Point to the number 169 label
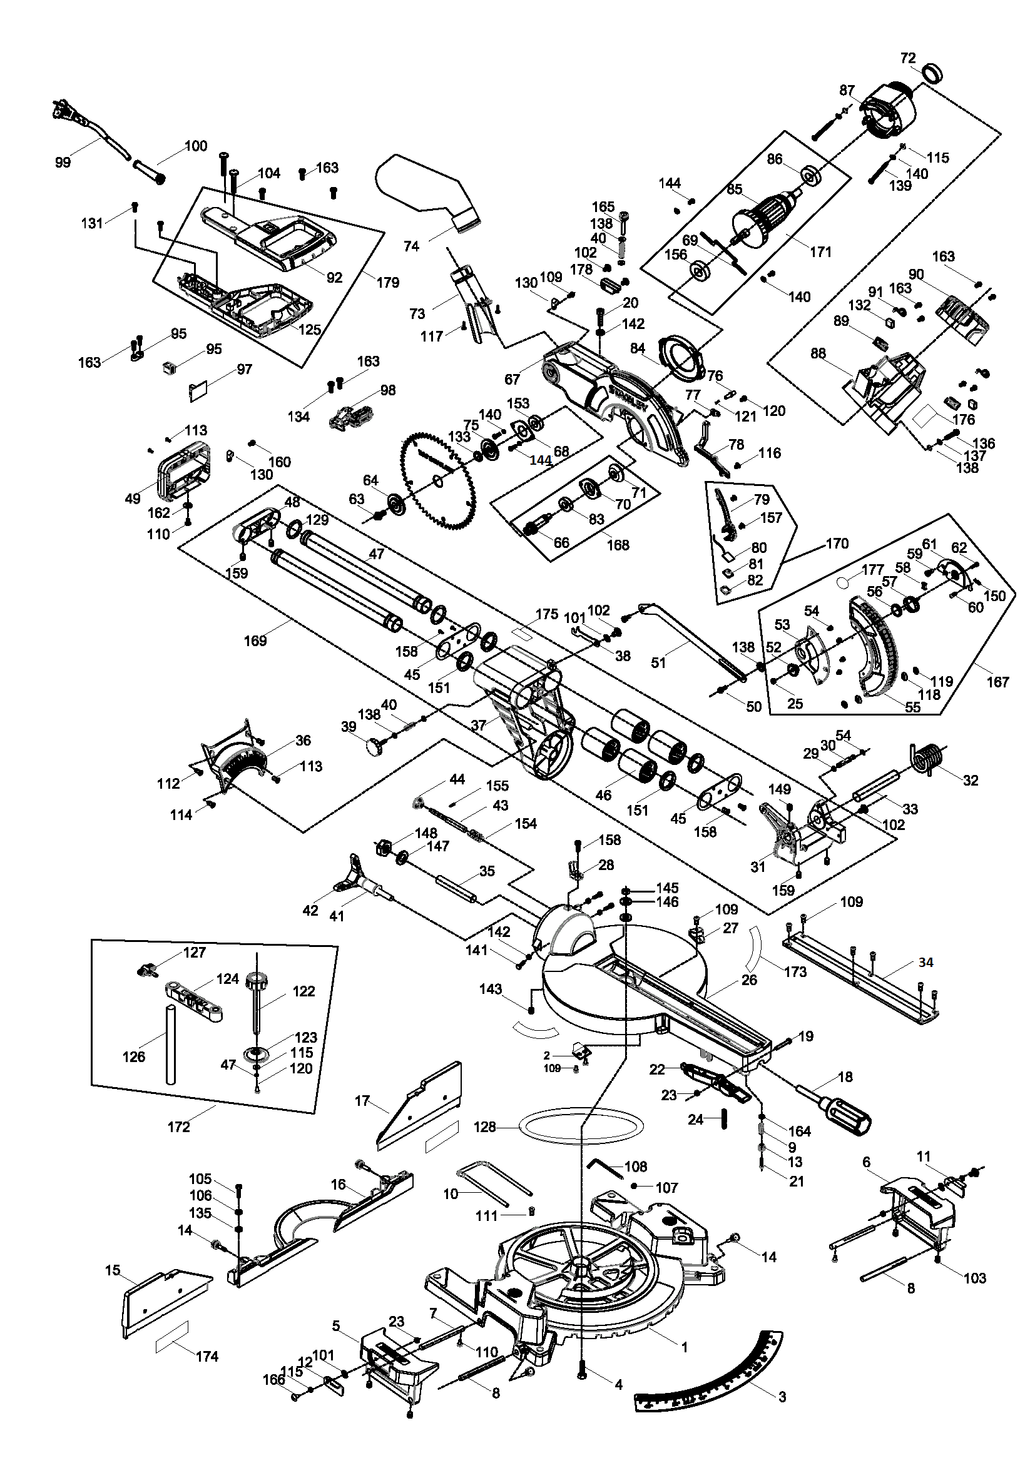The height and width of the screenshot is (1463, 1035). (x=255, y=640)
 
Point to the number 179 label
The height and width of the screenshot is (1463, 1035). (x=388, y=281)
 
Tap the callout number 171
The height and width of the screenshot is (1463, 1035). (x=821, y=251)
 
